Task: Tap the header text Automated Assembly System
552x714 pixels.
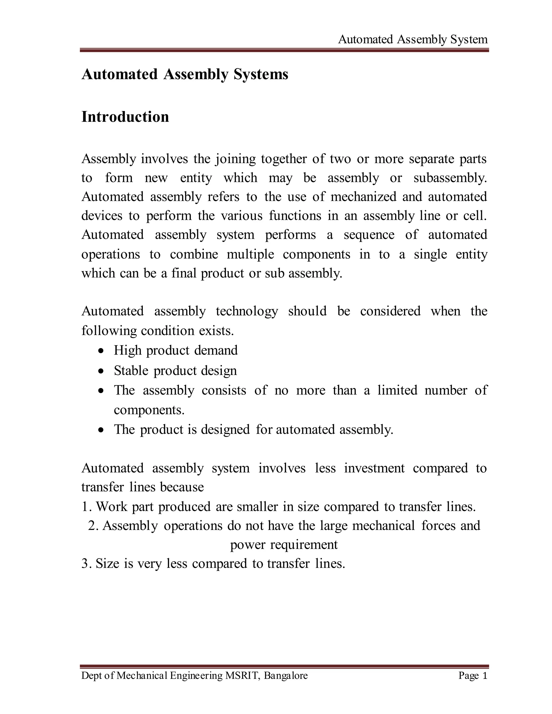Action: pos(413,40)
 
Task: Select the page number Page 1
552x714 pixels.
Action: pos(472,675)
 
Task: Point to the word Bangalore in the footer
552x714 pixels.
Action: pos(286,675)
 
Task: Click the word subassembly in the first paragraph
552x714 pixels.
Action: pos(450,178)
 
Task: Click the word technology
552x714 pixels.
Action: pos(247,311)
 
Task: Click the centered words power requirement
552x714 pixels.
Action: pos(284,545)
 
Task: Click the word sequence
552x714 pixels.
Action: pos(369,235)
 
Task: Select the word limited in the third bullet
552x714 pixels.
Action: pos(397,390)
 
